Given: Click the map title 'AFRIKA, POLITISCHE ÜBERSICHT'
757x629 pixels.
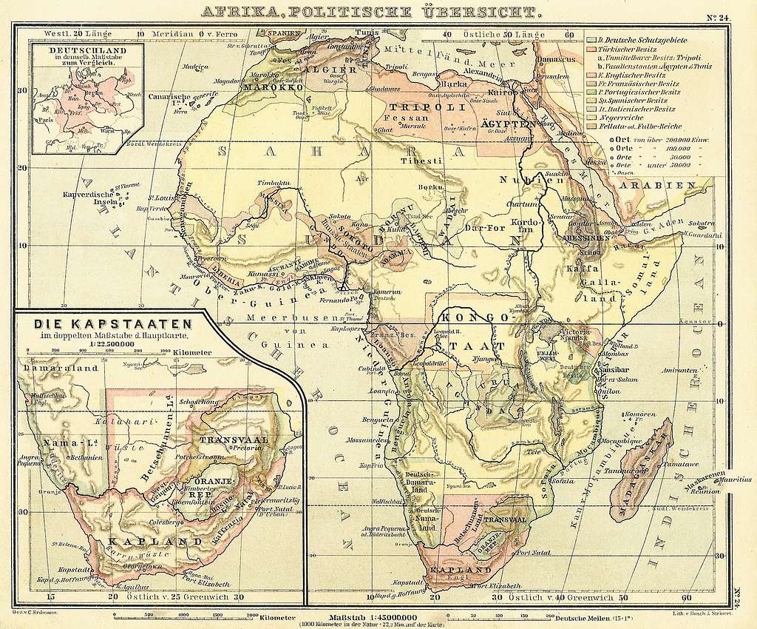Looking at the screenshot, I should pos(371,12).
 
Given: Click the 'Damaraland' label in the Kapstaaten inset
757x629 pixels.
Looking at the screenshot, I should pos(51,367).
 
